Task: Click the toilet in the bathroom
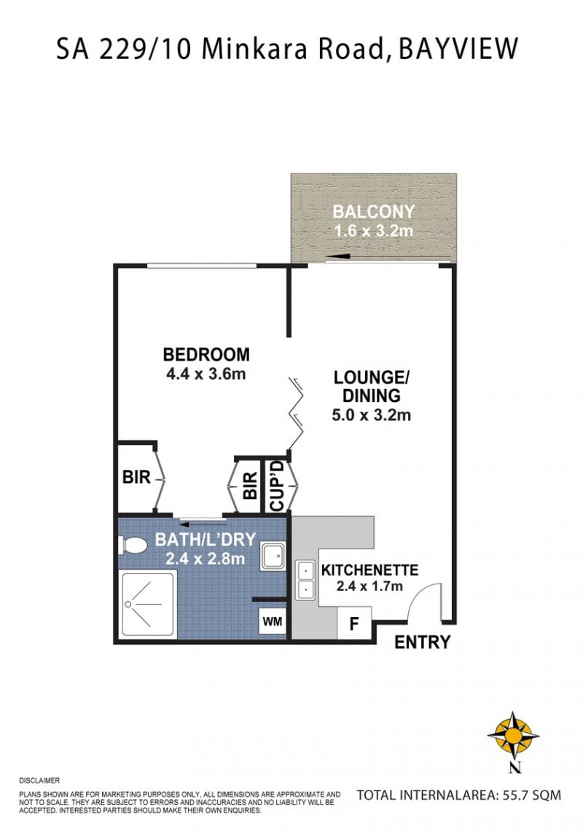click(x=133, y=546)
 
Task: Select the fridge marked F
click(x=354, y=623)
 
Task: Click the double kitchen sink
click(x=305, y=580)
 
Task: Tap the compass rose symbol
click(x=514, y=735)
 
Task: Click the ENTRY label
click(x=422, y=642)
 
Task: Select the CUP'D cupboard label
click(x=277, y=485)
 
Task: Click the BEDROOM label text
click(x=206, y=354)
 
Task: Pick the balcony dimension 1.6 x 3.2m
click(x=373, y=231)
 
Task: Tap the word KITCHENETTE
click(x=369, y=570)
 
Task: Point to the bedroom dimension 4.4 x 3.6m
click(x=206, y=374)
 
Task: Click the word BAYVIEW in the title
click(x=458, y=49)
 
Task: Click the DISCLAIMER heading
click(x=39, y=780)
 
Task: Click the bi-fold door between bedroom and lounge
click(x=297, y=413)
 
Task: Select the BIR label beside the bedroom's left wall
click(x=136, y=477)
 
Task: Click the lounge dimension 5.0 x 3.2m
click(x=371, y=415)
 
